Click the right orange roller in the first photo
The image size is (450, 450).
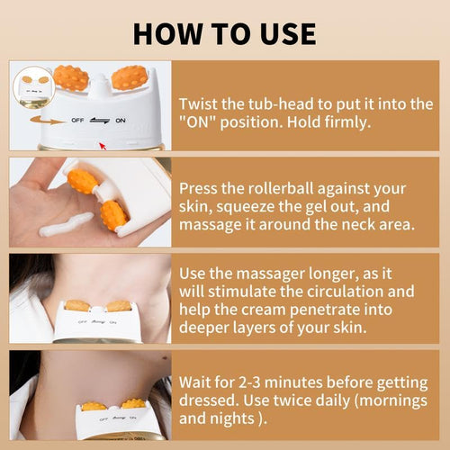point(130,78)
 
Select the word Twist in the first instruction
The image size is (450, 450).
point(199,103)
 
